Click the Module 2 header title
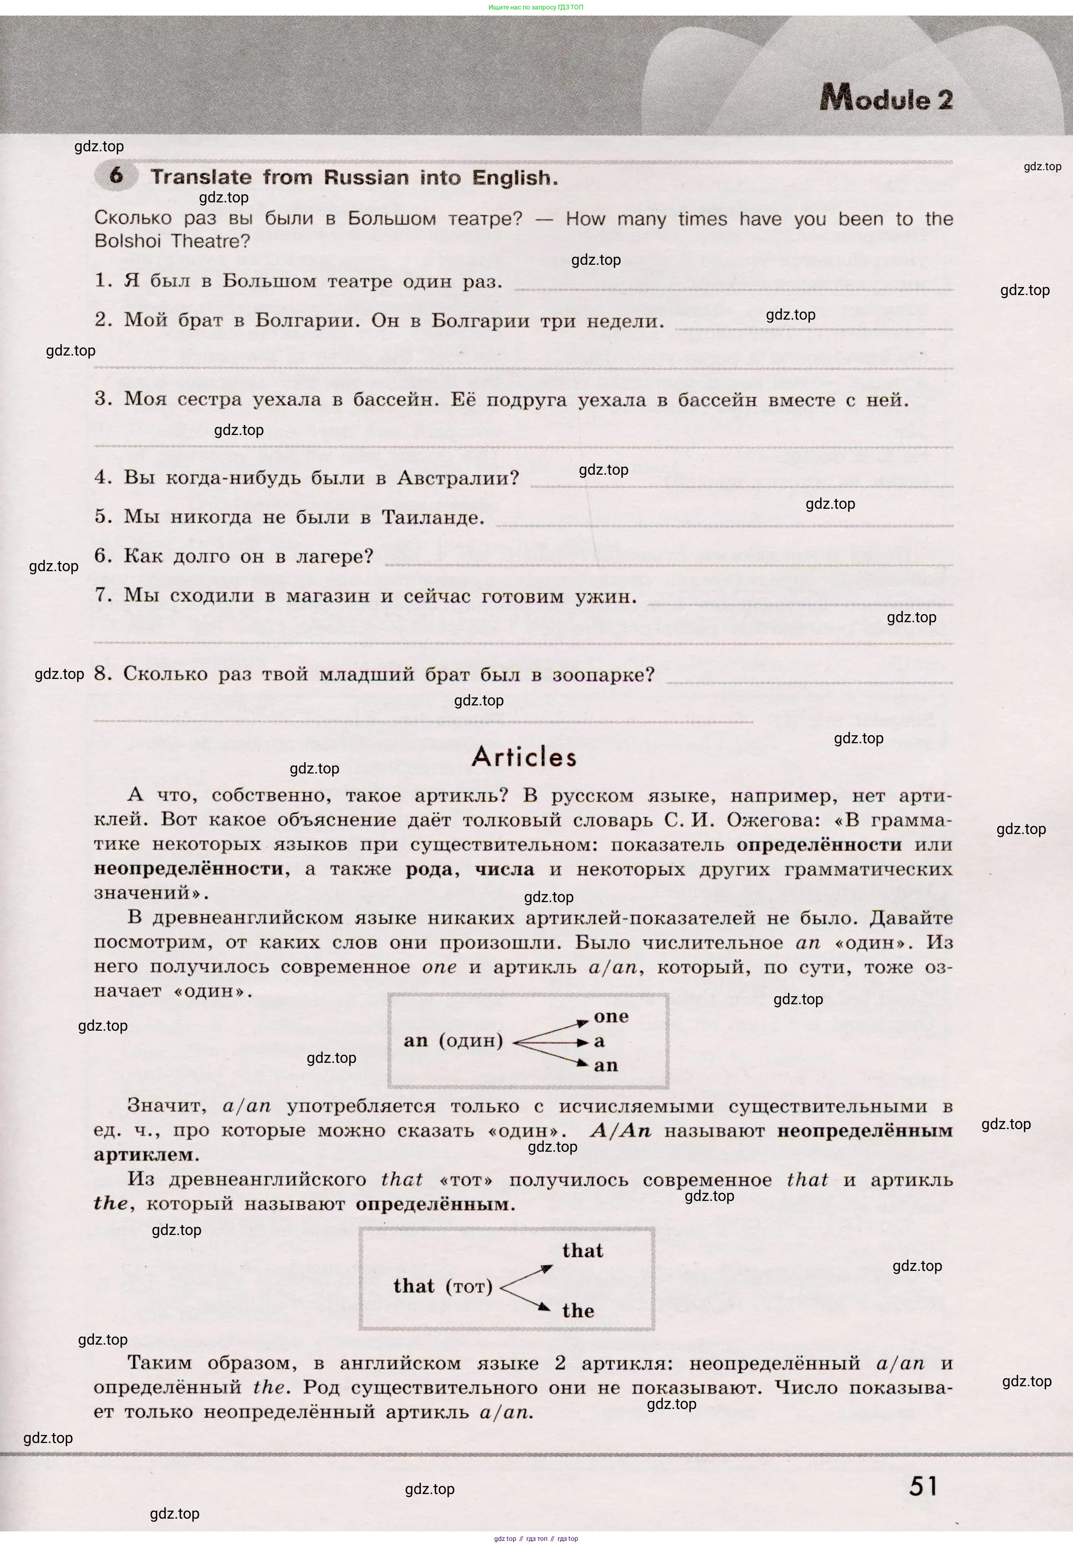tap(885, 99)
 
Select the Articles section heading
tap(524, 756)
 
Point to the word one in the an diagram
tap(610, 1017)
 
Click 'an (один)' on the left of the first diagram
tap(453, 1041)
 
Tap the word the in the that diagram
tap(578, 1310)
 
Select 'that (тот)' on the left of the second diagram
tap(443, 1286)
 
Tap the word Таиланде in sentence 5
tap(432, 517)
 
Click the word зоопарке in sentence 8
tap(603, 675)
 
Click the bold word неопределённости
tap(188, 869)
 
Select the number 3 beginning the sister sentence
tap(103, 399)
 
